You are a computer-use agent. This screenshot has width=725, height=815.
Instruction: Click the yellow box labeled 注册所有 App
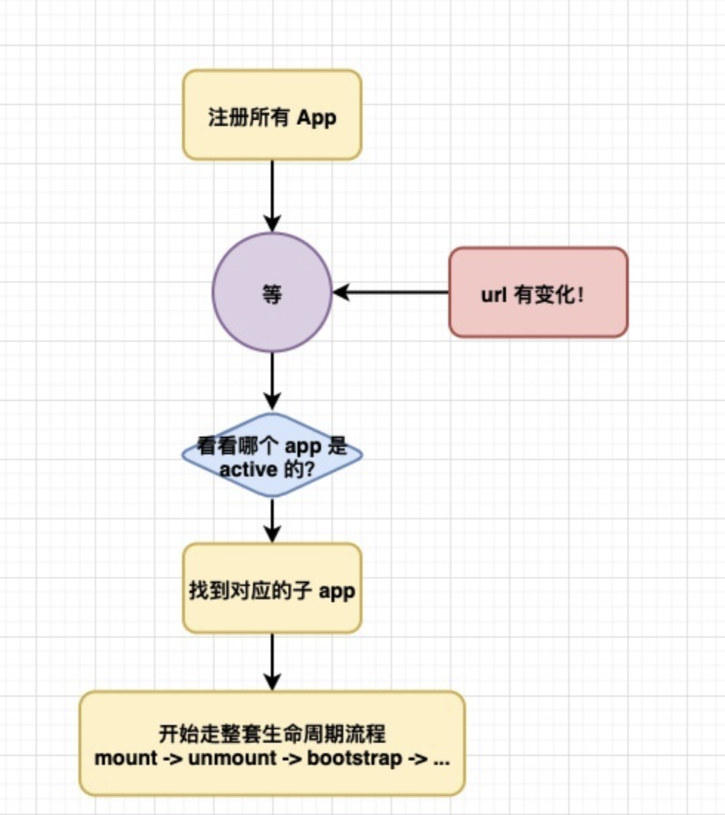point(272,115)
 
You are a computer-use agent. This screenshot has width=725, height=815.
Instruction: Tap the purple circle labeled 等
point(272,292)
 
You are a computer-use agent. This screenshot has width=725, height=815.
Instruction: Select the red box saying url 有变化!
point(538,292)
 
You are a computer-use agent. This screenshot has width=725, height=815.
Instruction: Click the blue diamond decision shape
point(272,456)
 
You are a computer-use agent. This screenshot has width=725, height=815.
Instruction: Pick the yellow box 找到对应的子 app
point(272,588)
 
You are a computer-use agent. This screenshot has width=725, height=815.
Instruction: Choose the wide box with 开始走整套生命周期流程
point(272,743)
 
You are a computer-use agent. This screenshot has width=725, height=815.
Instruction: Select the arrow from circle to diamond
point(272,381)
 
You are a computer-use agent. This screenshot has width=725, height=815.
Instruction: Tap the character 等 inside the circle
point(272,295)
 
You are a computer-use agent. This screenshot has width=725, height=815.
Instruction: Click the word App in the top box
point(316,118)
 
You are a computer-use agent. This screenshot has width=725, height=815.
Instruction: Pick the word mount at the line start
point(126,760)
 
